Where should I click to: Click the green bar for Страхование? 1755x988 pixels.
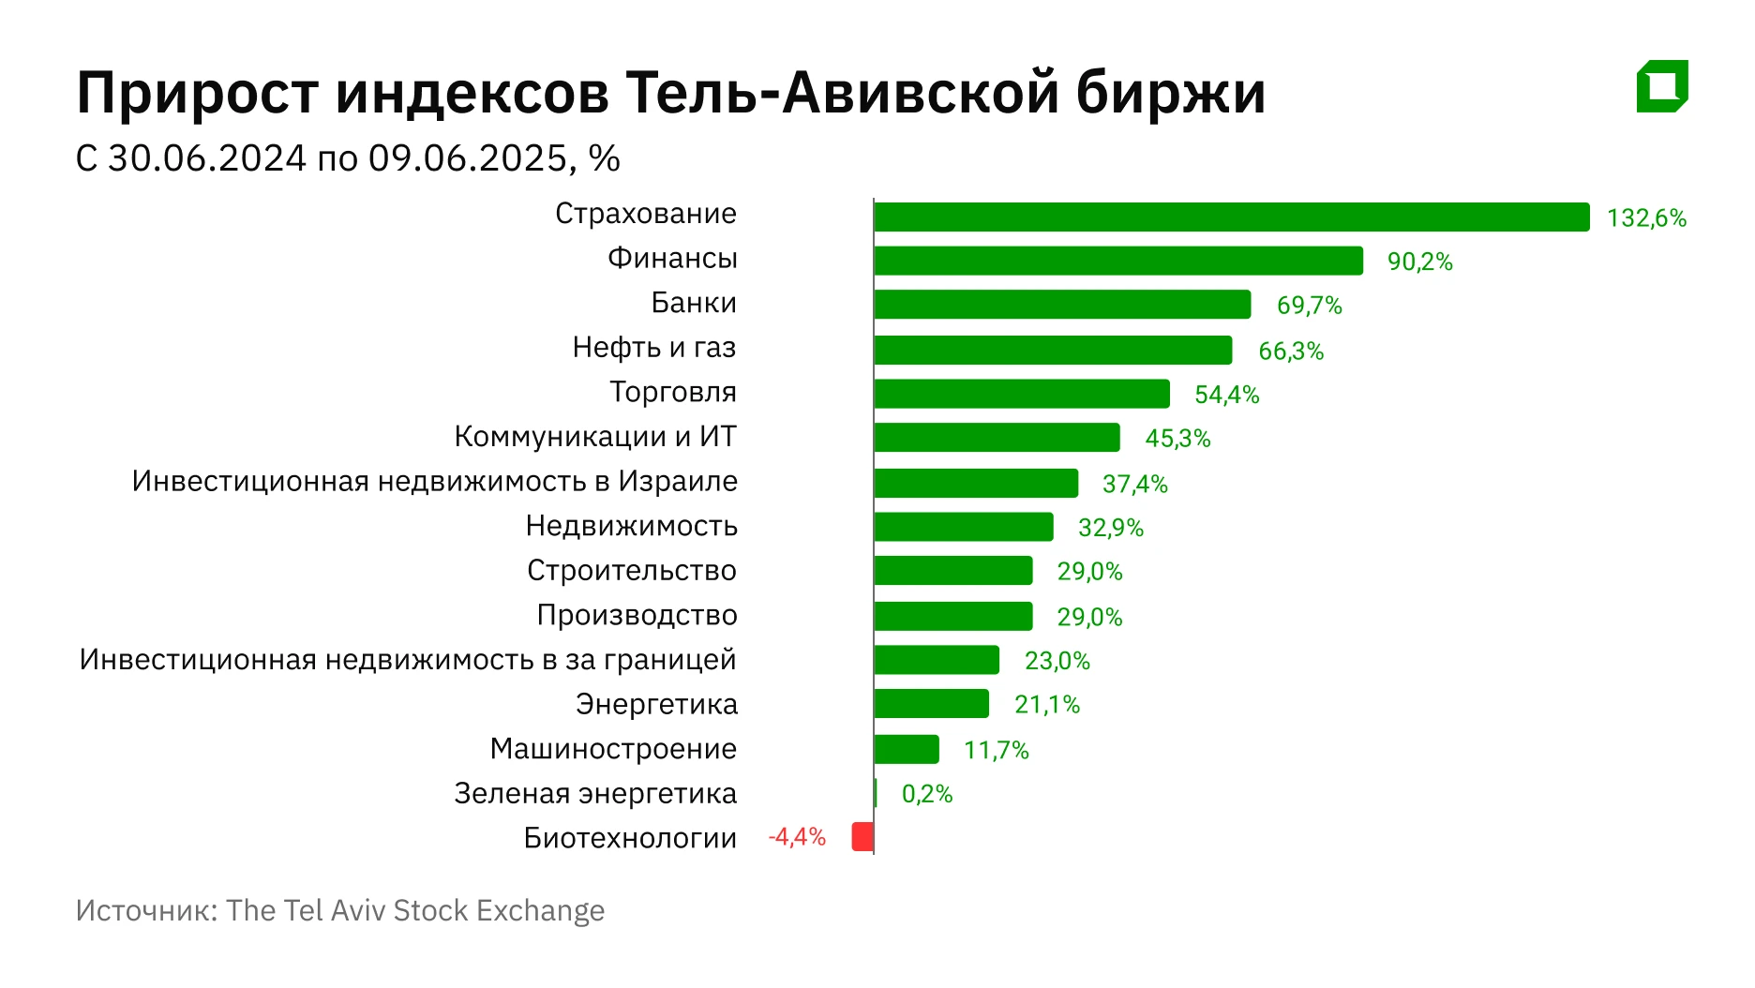click(x=1231, y=217)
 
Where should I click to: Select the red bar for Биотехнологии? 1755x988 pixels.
click(x=862, y=836)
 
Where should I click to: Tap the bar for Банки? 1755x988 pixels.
click(x=1061, y=305)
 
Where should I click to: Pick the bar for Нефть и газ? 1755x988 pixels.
click(x=1052, y=350)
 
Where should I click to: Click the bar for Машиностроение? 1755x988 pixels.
click(x=906, y=749)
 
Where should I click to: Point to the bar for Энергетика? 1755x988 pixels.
click(x=931, y=703)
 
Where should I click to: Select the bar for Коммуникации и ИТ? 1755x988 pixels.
click(x=997, y=438)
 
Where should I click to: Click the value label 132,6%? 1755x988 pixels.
click(x=1646, y=218)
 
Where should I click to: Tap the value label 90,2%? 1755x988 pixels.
click(x=1419, y=262)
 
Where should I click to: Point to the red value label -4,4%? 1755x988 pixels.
click(x=797, y=836)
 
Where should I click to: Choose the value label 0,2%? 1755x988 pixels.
click(x=926, y=794)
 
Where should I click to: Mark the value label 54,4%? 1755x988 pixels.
click(x=1226, y=395)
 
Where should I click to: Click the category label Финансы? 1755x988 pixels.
click(x=672, y=258)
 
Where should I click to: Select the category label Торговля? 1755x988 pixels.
click(x=673, y=392)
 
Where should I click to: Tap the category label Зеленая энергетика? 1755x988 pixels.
click(x=595, y=793)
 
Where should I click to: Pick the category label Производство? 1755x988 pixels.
click(x=637, y=615)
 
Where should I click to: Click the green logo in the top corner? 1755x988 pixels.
click(x=1662, y=86)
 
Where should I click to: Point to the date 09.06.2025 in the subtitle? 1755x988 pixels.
click(x=467, y=158)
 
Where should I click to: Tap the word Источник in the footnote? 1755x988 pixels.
click(x=146, y=910)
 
